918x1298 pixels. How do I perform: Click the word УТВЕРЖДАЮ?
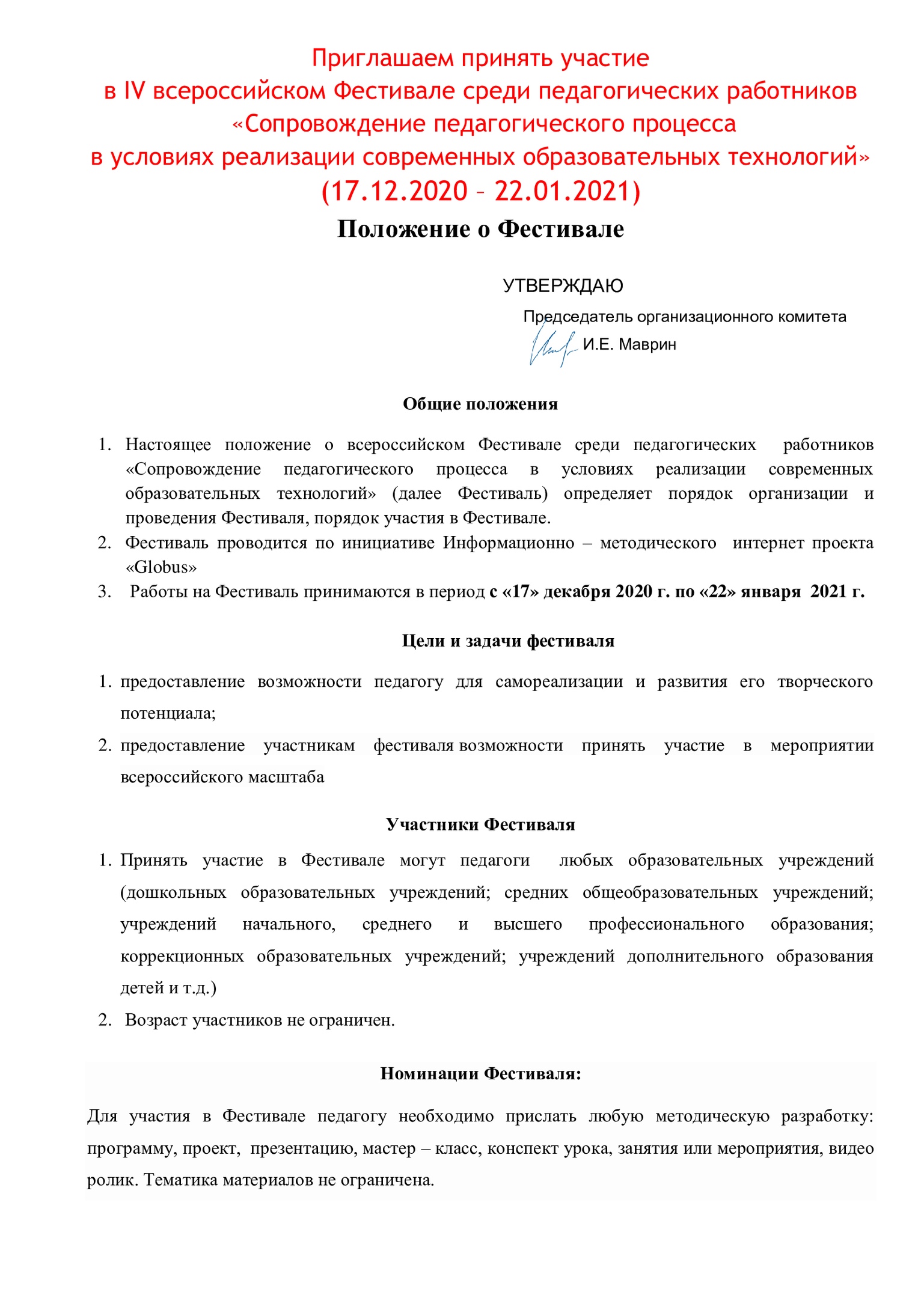(563, 285)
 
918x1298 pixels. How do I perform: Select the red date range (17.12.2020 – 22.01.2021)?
(481, 191)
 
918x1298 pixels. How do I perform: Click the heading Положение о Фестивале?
(480, 229)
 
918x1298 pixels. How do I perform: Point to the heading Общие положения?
(480, 404)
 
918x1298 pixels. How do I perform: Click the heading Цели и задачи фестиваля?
(508, 641)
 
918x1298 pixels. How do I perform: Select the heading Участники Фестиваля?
(480, 824)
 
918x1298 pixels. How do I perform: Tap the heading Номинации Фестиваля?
(480, 1073)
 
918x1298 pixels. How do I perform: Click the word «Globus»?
(161, 567)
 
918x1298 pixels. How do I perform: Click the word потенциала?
(168, 713)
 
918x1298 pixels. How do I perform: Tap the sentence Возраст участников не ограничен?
(260, 1020)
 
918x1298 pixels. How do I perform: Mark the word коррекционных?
(182, 956)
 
